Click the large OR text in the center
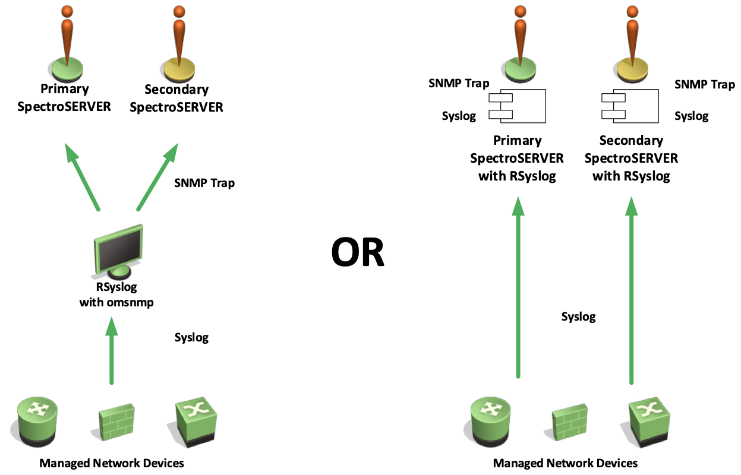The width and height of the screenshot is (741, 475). point(358,252)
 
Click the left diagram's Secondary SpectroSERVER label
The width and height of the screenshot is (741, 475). point(176,98)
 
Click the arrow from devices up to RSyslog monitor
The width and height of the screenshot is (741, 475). point(112,350)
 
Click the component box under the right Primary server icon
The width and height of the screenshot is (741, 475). point(516,105)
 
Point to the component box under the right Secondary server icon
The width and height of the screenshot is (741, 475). point(630,105)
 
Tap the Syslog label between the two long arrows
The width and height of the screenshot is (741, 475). point(578,316)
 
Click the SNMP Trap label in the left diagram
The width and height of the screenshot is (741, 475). point(204,183)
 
